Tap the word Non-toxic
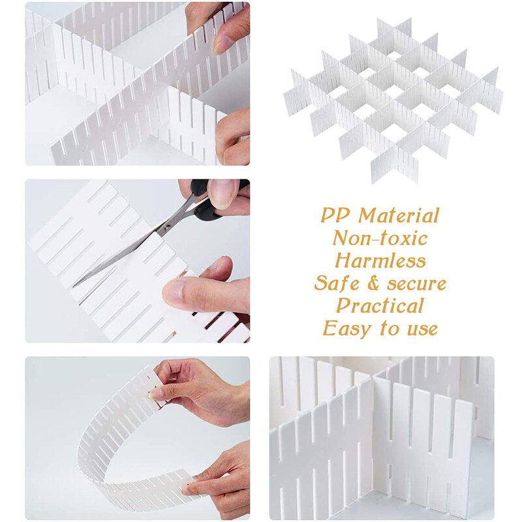coord(380,238)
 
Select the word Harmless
coord(380,260)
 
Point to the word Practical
coord(380,305)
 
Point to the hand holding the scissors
coord(225,196)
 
